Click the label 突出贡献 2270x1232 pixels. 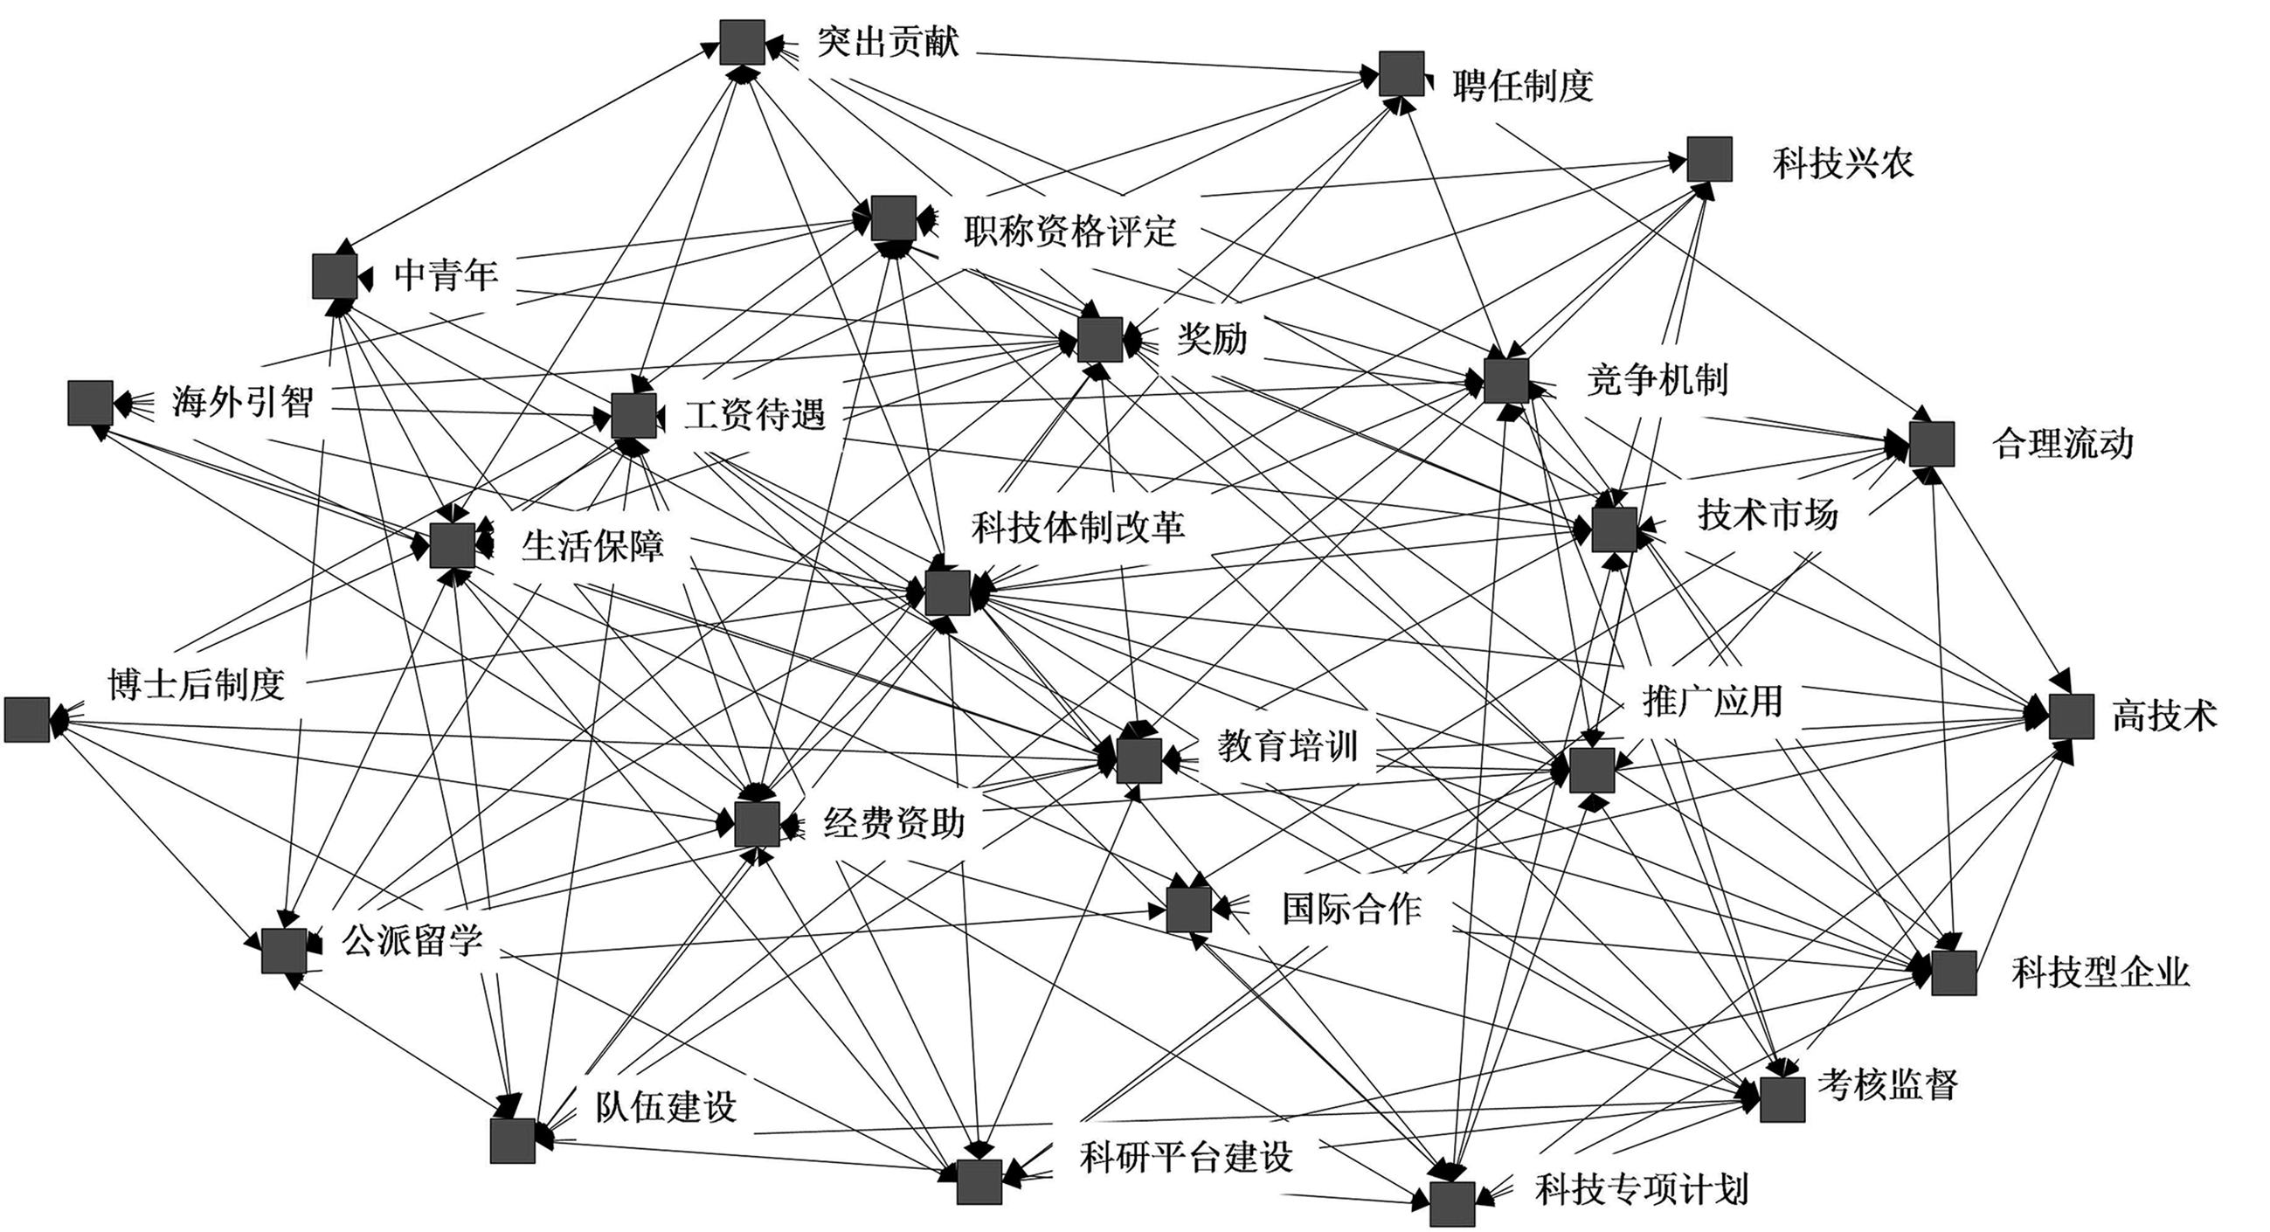(888, 41)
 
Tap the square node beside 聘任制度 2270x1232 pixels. (1401, 74)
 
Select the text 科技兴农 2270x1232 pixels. (1843, 164)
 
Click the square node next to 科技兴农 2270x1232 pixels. (1710, 160)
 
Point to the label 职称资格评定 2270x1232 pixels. (1069, 232)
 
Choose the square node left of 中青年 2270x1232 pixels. (335, 276)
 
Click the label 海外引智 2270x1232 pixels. (242, 403)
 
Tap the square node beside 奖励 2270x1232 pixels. (1100, 339)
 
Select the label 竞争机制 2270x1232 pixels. (1657, 380)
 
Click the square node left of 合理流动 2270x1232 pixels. (1932, 443)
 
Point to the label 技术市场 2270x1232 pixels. (1768, 515)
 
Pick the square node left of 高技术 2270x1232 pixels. (2071, 716)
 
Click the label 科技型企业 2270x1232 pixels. (2100, 972)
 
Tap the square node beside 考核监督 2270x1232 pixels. (1782, 1100)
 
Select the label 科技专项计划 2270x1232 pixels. (1642, 1189)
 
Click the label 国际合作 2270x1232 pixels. (1351, 909)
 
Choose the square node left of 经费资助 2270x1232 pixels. (757, 824)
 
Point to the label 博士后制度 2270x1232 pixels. (196, 684)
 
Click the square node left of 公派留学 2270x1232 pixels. (284, 951)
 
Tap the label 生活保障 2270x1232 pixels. (592, 546)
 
